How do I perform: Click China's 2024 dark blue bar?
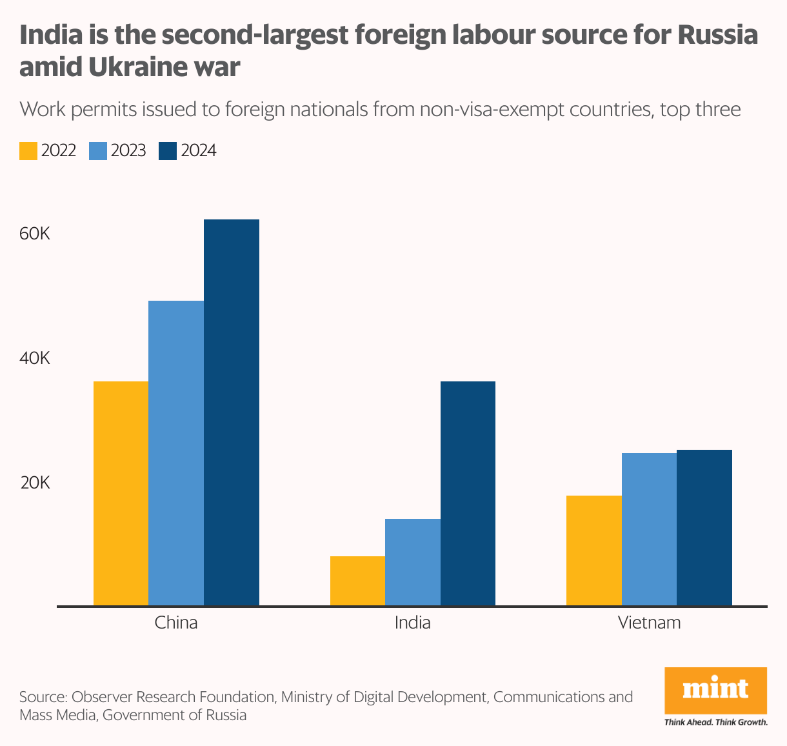coord(232,412)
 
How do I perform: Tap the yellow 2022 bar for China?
coord(121,493)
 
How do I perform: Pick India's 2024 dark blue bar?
coord(468,493)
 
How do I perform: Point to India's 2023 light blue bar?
coord(413,562)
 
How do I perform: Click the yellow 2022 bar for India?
coord(357,581)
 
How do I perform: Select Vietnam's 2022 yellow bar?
coord(594,550)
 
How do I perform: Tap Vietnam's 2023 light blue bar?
coord(649,529)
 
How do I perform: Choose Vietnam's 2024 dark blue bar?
coord(704,527)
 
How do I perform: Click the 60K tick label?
coord(35,234)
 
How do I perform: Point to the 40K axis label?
coord(35,358)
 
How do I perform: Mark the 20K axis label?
coord(35,483)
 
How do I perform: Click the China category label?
coord(176,623)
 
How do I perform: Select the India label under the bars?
coord(413,623)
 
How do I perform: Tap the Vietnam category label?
coord(649,623)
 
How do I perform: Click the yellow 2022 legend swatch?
coord(28,151)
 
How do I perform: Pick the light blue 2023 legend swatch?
coord(98,151)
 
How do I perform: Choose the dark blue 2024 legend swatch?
coord(168,151)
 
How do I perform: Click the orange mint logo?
coord(715,690)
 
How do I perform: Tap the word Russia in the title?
coord(717,35)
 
